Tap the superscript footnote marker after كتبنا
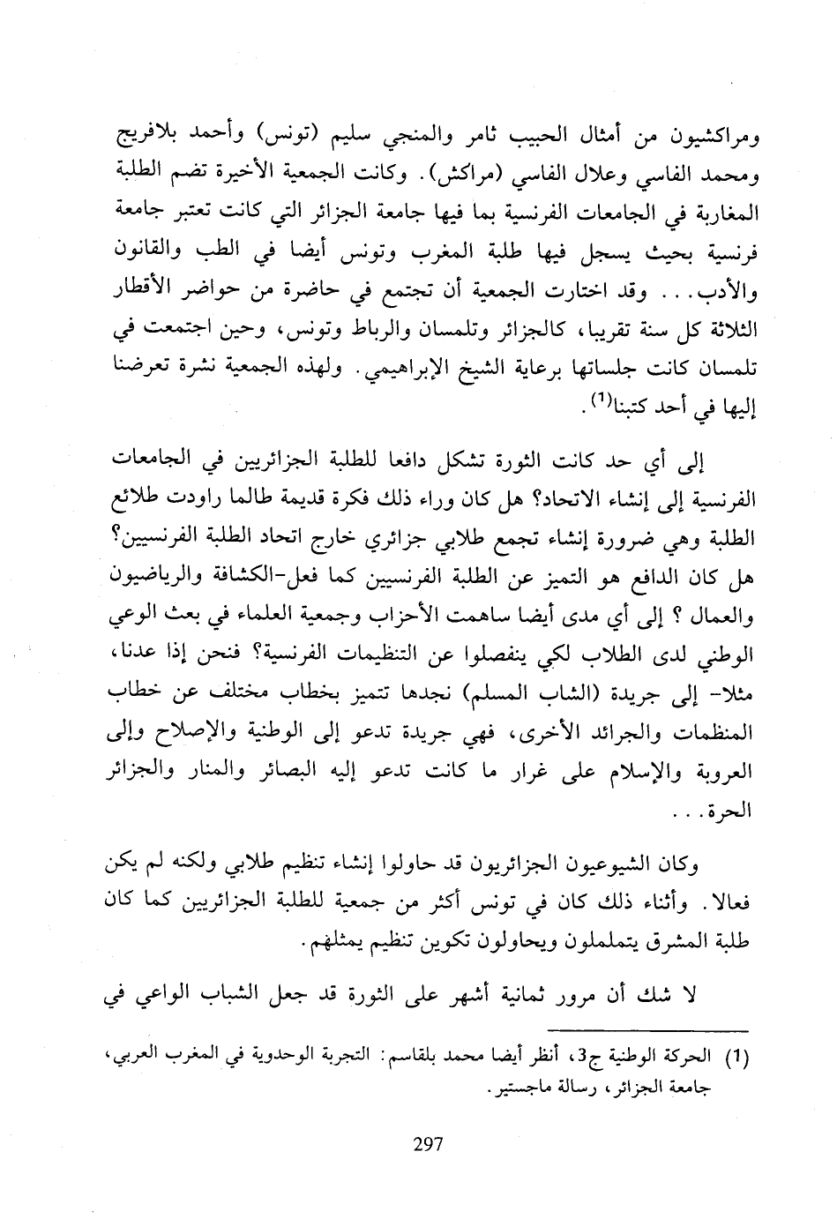(596, 401)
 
